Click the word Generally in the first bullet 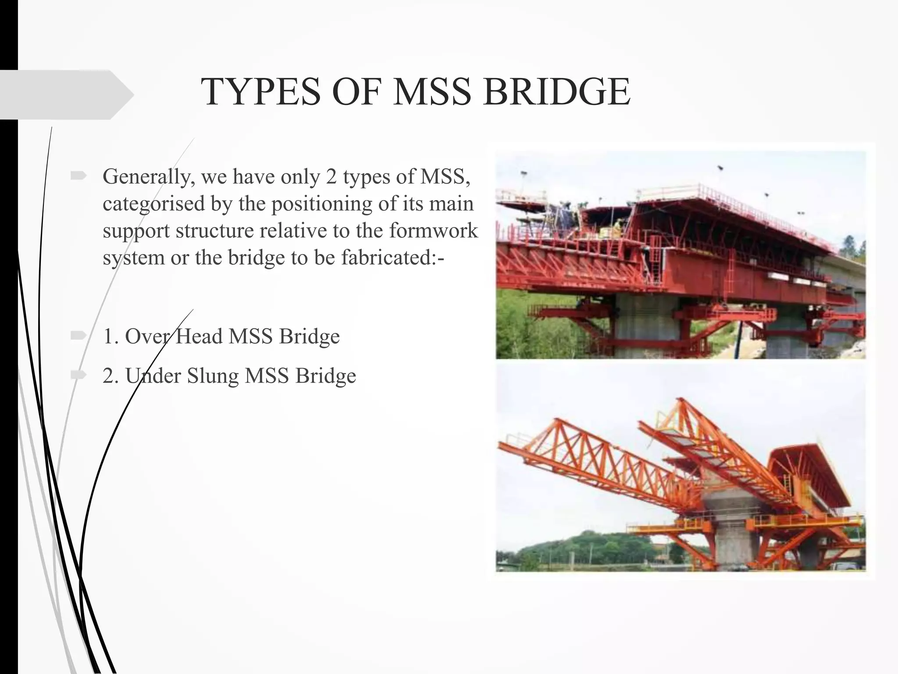[149, 177]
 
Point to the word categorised [154, 204]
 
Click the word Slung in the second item [213, 376]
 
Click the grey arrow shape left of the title [66, 94]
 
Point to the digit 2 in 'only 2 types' [331, 177]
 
